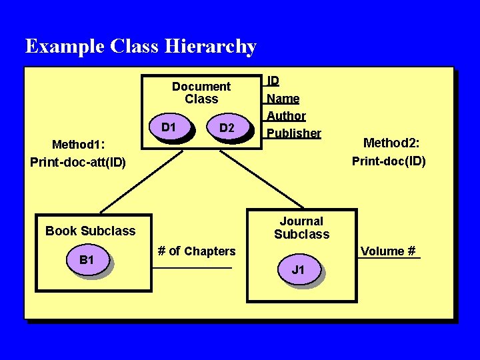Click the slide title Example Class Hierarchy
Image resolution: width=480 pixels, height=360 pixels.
click(x=141, y=47)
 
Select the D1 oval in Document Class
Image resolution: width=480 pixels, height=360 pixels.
click(x=169, y=127)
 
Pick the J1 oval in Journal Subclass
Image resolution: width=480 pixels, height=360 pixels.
click(x=298, y=270)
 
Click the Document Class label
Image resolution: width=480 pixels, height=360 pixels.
click(x=201, y=93)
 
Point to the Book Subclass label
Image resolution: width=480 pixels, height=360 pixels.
click(x=90, y=231)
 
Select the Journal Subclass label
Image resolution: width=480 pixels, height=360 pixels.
click(x=301, y=227)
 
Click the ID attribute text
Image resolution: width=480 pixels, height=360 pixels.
click(x=273, y=81)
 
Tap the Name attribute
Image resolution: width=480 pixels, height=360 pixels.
click(x=283, y=99)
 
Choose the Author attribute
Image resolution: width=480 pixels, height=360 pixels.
click(x=286, y=116)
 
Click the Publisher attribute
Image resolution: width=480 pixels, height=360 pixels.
click(x=294, y=133)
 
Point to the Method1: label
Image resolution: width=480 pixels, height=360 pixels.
click(x=79, y=145)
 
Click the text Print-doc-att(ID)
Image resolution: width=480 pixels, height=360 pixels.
click(x=78, y=162)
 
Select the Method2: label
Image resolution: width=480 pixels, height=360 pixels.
click(x=391, y=142)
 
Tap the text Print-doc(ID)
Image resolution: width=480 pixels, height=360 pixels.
click(x=389, y=161)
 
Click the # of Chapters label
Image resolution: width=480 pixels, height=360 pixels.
click(x=196, y=251)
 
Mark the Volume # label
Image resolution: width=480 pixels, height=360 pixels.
click(x=388, y=251)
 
